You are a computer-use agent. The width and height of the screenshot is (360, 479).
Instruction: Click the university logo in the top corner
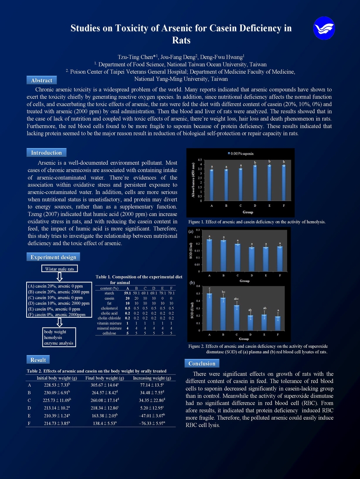click(324, 28)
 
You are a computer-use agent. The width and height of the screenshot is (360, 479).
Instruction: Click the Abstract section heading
click(41, 80)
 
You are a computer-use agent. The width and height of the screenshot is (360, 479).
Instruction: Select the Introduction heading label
click(46, 153)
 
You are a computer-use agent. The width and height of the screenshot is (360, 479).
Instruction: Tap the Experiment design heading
click(53, 257)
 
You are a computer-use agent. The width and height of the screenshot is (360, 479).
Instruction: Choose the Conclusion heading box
click(202, 363)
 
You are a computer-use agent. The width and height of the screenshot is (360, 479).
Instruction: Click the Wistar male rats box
click(59, 269)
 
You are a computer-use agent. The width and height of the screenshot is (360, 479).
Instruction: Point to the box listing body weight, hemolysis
click(59, 337)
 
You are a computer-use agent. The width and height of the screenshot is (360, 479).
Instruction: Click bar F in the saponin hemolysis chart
click(283, 183)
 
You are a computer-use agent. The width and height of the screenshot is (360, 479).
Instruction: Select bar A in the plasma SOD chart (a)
click(209, 255)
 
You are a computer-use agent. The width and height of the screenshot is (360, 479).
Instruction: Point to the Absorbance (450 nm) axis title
click(193, 180)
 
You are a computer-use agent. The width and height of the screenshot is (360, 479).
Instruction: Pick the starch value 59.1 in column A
click(127, 293)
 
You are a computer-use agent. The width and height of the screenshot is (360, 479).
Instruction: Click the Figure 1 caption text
click(257, 222)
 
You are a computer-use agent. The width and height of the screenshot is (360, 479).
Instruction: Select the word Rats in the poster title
click(181, 41)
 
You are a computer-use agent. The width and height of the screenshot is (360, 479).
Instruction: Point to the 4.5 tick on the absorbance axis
click(200, 159)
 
